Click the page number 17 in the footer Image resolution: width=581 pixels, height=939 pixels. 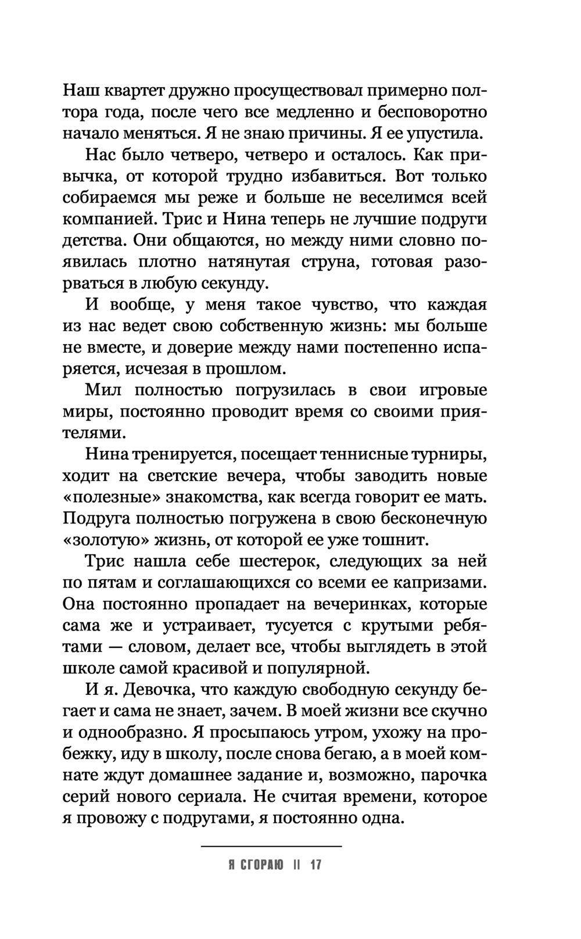315,865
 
